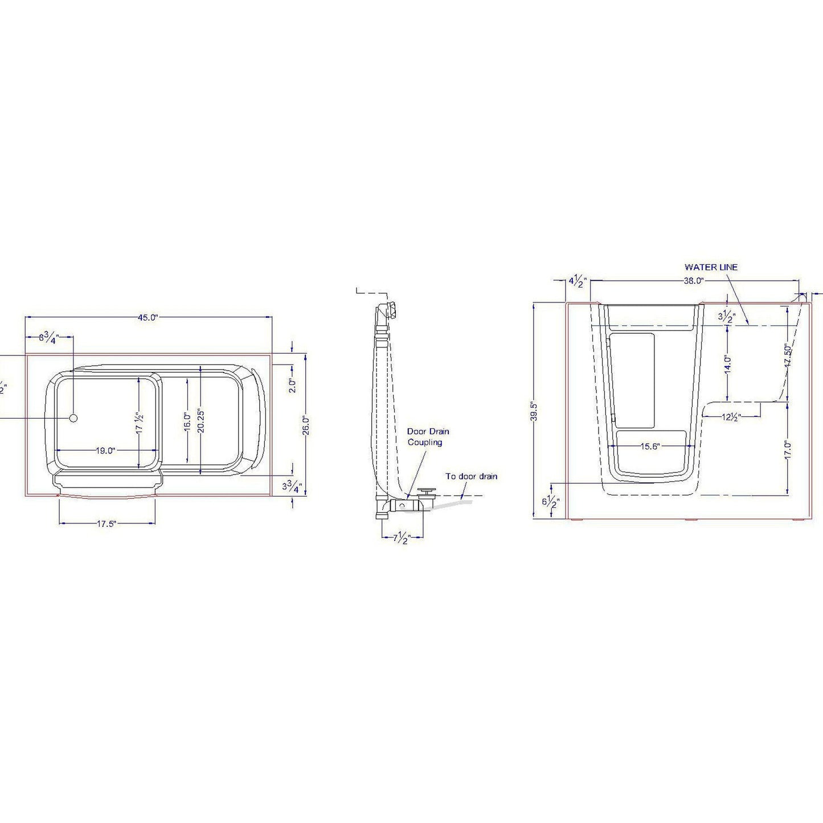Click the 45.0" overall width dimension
pyautogui.click(x=148, y=318)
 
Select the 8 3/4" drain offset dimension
pyautogui.click(x=49, y=337)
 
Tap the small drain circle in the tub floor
pyautogui.click(x=73, y=418)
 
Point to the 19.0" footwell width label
pyautogui.click(x=105, y=451)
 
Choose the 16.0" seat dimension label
pyautogui.click(x=187, y=422)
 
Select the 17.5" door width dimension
pyautogui.click(x=106, y=524)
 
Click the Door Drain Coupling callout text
pyautogui.click(x=428, y=437)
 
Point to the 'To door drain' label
pyautogui.click(x=471, y=476)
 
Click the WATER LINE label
pyautogui.click(x=711, y=267)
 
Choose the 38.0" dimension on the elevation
pyautogui.click(x=693, y=281)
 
